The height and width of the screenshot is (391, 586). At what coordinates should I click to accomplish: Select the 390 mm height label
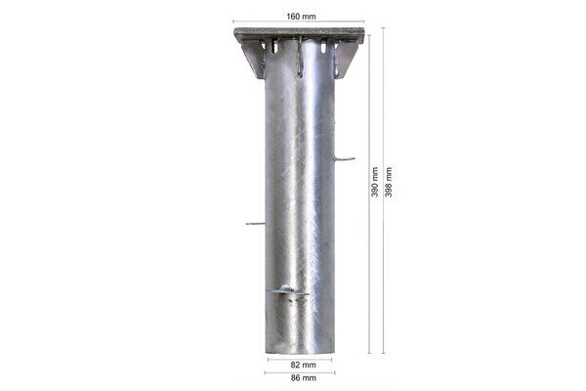pyautogui.click(x=375, y=186)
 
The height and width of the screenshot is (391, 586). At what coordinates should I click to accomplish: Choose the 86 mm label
pyautogui.click(x=299, y=378)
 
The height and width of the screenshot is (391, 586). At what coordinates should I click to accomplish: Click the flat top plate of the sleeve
pyautogui.click(x=299, y=34)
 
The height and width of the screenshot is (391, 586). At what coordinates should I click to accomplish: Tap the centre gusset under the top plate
pyautogui.click(x=300, y=57)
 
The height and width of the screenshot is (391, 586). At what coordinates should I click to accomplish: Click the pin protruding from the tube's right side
pyautogui.click(x=344, y=158)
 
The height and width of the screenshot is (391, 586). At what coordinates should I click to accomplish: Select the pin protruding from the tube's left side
pyautogui.click(x=255, y=224)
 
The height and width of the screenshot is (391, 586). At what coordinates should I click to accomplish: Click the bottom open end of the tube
pyautogui.click(x=299, y=352)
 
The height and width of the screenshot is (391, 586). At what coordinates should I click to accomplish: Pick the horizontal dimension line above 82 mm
pyautogui.click(x=299, y=357)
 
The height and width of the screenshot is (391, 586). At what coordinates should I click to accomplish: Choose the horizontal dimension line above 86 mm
pyautogui.click(x=299, y=371)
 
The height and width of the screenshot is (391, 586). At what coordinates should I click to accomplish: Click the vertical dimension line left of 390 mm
pyautogui.click(x=369, y=195)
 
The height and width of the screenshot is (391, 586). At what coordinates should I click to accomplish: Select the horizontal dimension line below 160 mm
pyautogui.click(x=299, y=22)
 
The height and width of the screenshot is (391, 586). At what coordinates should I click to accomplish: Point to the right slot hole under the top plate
pyautogui.click(x=323, y=47)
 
